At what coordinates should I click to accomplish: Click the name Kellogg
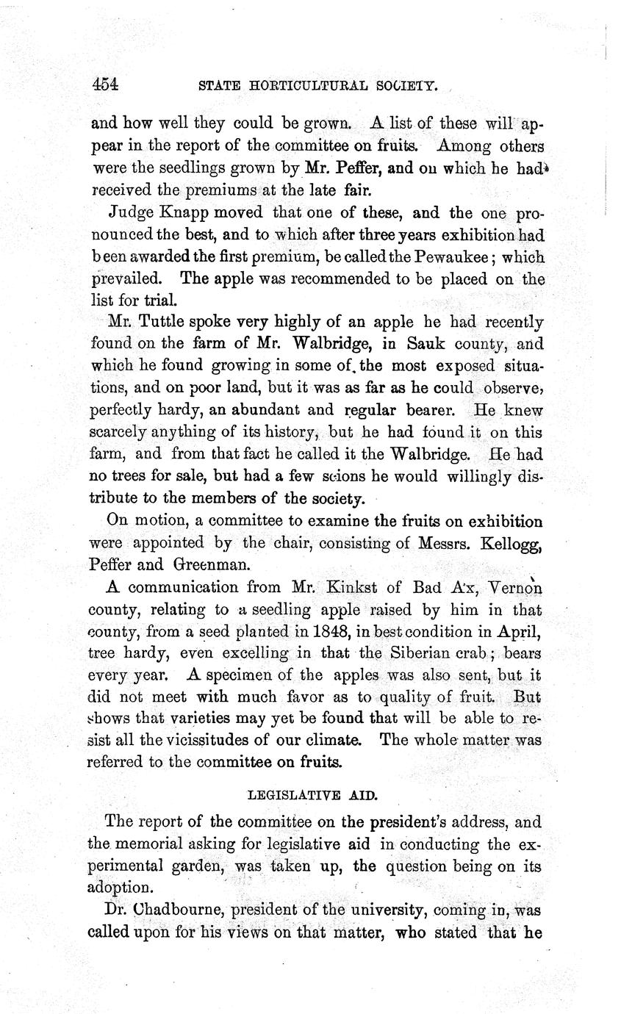tap(511, 544)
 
